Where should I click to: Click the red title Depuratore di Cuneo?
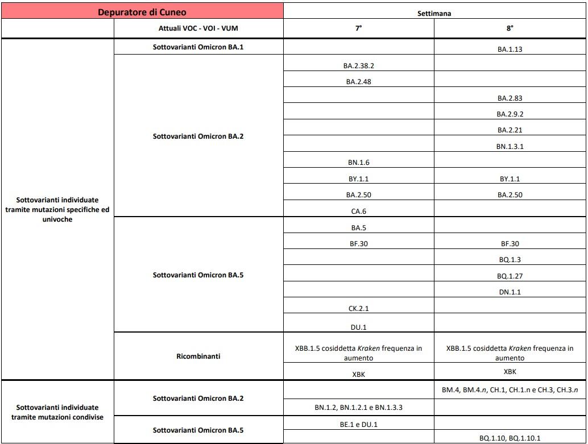click(142, 11)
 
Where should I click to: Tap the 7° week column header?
click(358, 28)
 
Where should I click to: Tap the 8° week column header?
click(510, 28)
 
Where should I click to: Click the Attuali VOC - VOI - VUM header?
click(198, 28)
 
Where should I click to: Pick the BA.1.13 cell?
click(510, 49)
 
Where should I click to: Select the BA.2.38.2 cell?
click(358, 66)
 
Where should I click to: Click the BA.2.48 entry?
click(358, 82)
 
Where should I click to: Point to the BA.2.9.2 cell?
click(510, 114)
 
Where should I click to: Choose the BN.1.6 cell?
click(358, 163)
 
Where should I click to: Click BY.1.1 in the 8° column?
click(510, 179)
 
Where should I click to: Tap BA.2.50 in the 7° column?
click(358, 195)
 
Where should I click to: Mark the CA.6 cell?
click(358, 211)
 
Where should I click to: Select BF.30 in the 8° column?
click(510, 244)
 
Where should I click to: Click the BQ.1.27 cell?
click(510, 276)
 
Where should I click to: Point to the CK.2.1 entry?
click(358, 309)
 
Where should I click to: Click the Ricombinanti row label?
click(198, 356)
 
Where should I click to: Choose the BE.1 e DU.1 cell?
click(358, 424)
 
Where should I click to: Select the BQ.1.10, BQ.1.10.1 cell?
click(510, 438)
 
